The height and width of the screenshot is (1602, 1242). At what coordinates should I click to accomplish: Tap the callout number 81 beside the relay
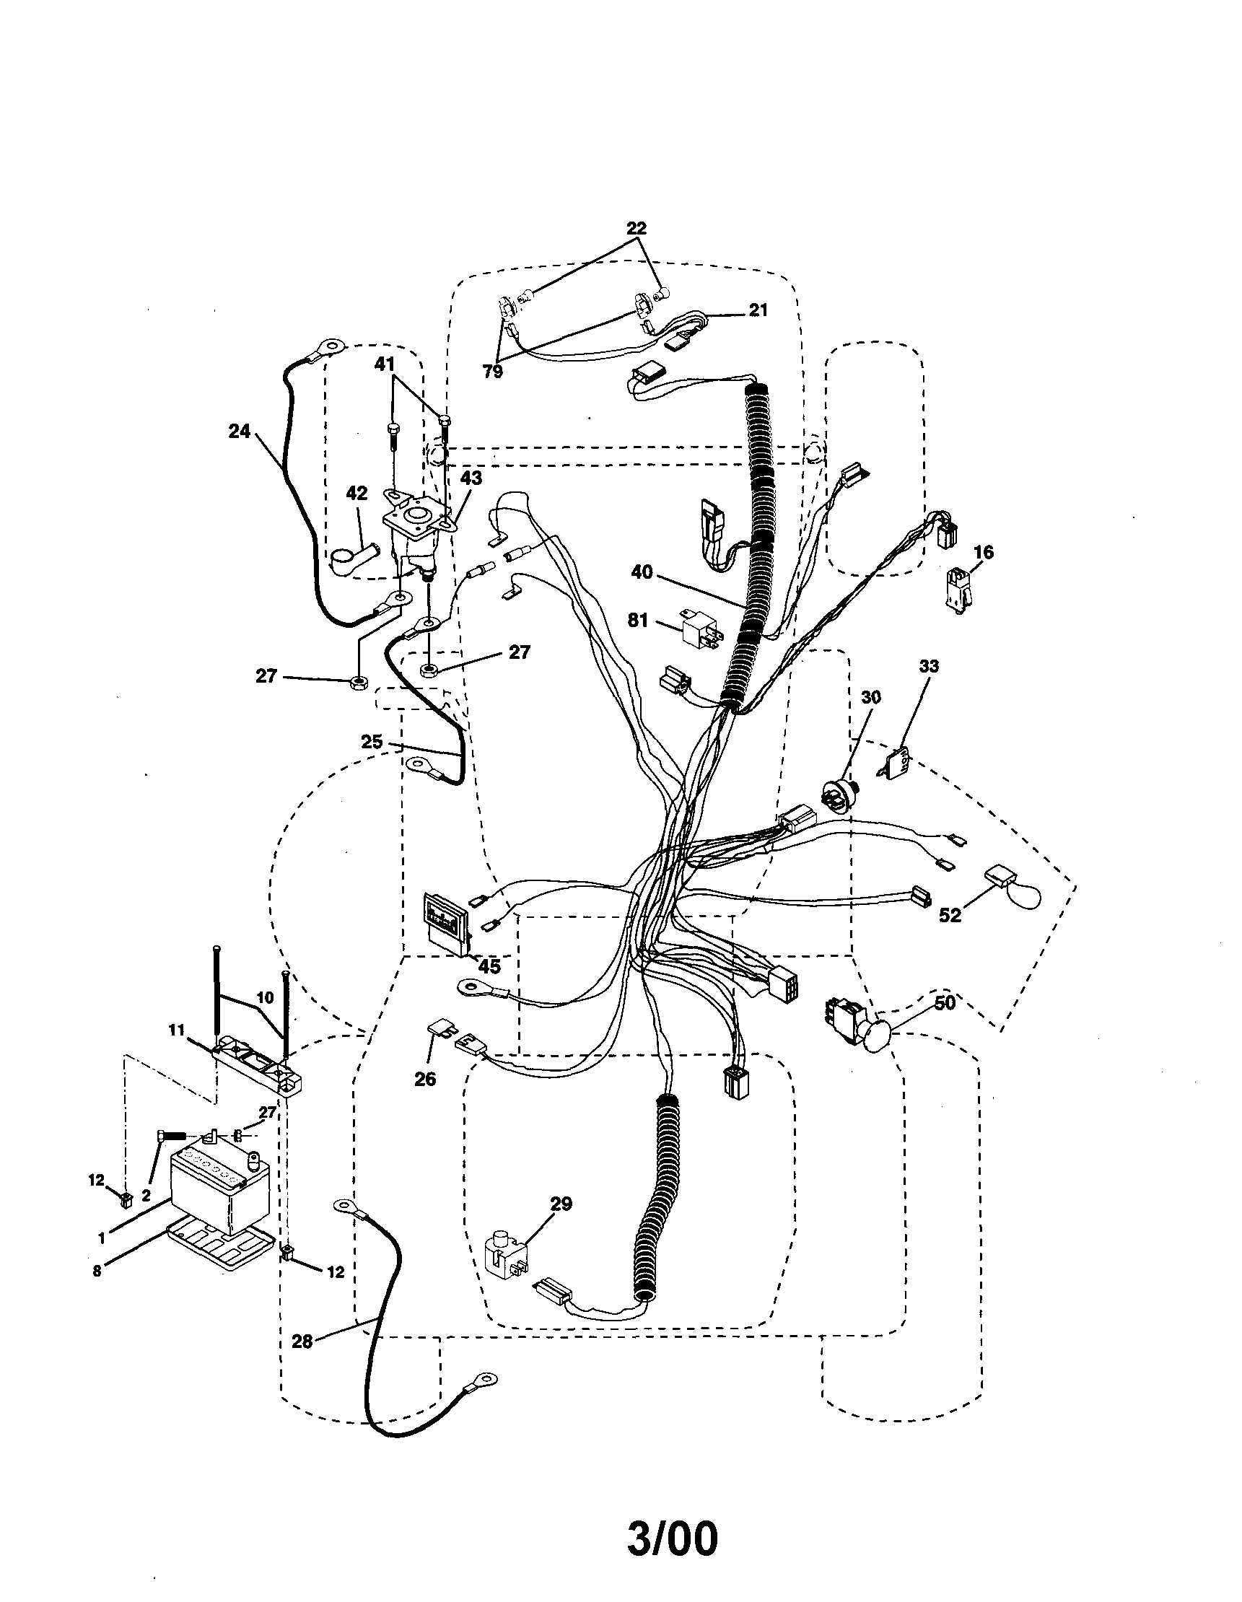tap(637, 620)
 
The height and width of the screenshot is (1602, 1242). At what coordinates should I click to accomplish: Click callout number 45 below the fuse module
tap(489, 967)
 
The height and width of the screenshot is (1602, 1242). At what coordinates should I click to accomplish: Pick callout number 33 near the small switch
tap(928, 666)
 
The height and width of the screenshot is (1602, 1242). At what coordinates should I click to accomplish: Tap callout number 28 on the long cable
tap(302, 1341)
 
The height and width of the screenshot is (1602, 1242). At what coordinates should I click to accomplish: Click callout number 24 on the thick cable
tap(238, 432)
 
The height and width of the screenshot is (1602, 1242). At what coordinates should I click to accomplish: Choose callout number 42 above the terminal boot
tap(357, 494)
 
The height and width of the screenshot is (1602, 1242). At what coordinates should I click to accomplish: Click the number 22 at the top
tap(636, 228)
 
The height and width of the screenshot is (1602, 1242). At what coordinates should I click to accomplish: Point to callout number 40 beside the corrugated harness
tap(642, 572)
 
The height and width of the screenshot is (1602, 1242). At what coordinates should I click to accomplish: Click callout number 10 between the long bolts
tap(264, 997)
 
